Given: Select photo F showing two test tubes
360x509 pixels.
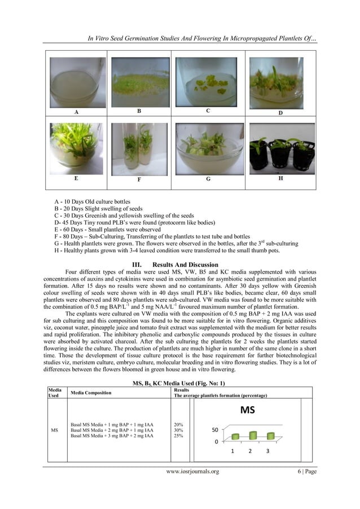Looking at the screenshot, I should tap(139, 148).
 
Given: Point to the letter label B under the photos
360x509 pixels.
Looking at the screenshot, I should tap(139, 112).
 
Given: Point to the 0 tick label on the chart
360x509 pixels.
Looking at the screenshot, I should tap(216, 444).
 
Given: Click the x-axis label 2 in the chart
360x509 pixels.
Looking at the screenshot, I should tap(251, 451).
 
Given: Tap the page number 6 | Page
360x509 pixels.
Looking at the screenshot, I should tap(304, 471).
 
